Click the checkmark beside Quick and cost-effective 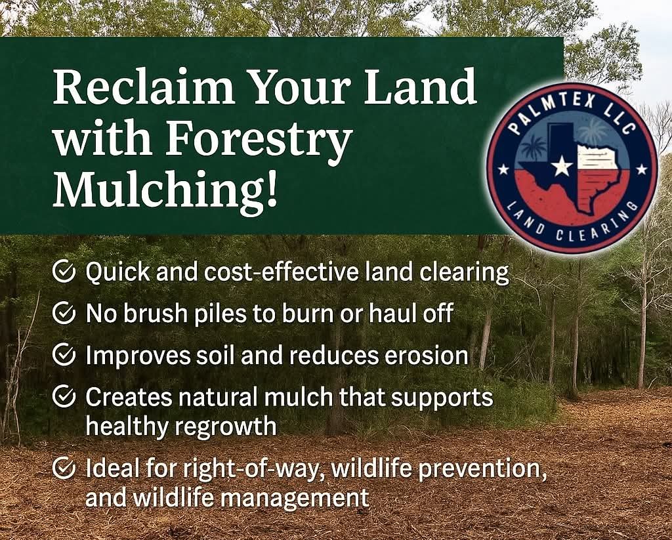point(64,271)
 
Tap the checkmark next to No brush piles point(64,312)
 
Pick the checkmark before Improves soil point(64,354)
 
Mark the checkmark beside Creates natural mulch point(64,396)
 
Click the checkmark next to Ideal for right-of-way point(64,468)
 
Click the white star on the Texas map point(562,166)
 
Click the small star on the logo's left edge point(503,170)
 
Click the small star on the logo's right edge point(642,170)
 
